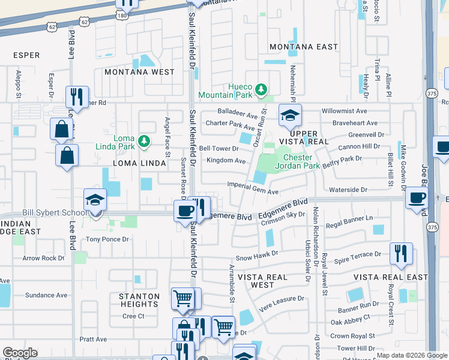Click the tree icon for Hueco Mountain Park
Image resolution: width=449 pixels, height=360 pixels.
(261, 89)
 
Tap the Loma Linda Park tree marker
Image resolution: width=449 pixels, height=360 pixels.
(143, 141)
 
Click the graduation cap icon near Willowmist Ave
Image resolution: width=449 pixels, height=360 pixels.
(289, 115)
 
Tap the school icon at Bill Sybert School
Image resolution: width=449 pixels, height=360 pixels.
(95, 200)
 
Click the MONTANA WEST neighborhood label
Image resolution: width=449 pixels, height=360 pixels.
(139, 72)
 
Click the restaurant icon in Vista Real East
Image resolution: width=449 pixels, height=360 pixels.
(400, 254)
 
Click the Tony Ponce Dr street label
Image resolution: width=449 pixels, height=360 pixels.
(107, 239)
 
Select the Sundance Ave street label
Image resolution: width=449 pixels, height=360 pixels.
(46, 295)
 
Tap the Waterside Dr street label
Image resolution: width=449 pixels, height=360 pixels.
(348, 190)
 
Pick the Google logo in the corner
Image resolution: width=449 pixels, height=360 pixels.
(20, 353)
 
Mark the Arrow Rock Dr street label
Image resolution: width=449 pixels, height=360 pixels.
(43, 258)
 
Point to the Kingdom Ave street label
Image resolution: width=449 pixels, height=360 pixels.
(226, 161)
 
